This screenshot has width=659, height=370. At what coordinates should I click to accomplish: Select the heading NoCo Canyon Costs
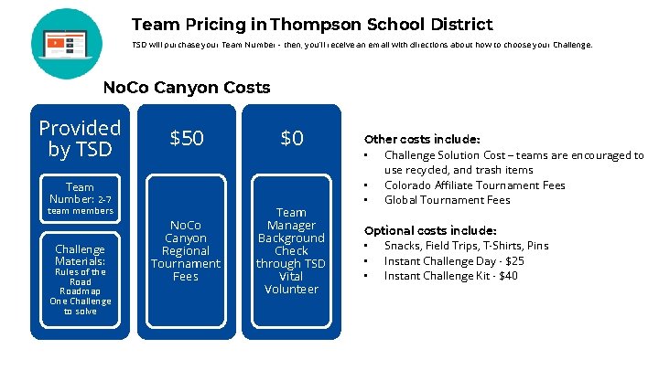(x=187, y=88)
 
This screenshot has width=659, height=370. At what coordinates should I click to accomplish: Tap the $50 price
(x=187, y=138)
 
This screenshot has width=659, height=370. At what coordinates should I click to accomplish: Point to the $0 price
(x=291, y=138)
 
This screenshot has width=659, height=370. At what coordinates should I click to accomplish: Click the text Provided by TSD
(x=80, y=138)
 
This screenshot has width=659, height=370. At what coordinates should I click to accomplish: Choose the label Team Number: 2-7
(x=80, y=193)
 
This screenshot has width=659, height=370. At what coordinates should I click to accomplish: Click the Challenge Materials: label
(x=80, y=255)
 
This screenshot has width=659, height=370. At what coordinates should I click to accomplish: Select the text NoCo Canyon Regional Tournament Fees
(x=186, y=250)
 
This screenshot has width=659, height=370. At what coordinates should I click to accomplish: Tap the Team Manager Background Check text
(x=291, y=238)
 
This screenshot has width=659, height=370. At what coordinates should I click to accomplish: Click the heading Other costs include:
(x=422, y=140)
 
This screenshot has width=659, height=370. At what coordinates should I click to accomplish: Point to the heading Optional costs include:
(x=430, y=230)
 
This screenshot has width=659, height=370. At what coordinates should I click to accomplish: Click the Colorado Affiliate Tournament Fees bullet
(x=474, y=185)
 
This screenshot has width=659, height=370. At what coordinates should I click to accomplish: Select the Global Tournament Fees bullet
(x=447, y=200)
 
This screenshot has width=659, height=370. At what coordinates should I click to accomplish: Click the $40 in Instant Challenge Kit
(x=508, y=276)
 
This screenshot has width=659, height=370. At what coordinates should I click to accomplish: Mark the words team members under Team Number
(x=80, y=211)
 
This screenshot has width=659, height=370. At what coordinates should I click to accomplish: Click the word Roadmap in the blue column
(x=80, y=291)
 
